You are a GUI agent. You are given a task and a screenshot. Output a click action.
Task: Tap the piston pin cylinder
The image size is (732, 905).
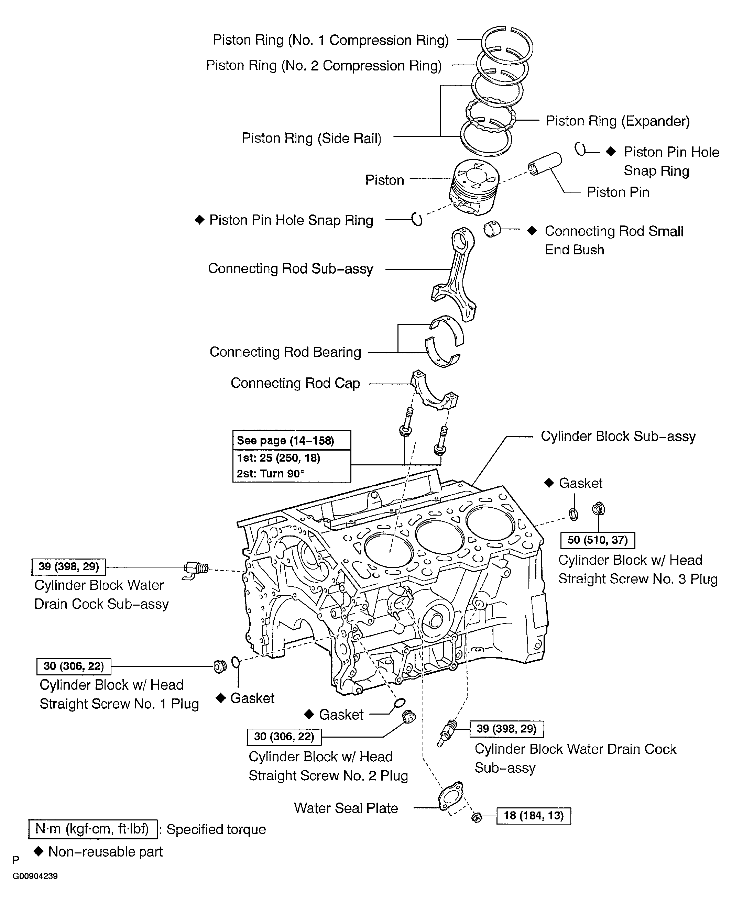(545, 164)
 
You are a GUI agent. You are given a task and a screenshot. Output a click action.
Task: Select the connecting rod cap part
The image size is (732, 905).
(434, 389)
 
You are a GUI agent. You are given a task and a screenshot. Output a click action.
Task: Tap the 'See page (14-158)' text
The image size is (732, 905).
(285, 441)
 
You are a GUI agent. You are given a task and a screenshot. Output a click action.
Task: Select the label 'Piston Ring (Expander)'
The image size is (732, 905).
(618, 121)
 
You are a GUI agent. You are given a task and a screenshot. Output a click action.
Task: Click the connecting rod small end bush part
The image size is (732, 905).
(492, 229)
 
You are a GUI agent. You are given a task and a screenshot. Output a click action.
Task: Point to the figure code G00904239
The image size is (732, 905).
(35, 876)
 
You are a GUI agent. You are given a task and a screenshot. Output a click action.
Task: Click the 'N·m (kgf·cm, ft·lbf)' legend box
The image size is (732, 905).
(93, 829)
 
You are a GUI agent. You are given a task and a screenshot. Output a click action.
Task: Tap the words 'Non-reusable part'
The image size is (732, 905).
(106, 851)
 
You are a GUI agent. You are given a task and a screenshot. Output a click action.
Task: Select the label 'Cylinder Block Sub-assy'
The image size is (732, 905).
(618, 436)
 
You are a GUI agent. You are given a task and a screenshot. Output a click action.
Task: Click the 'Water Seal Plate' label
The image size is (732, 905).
(346, 808)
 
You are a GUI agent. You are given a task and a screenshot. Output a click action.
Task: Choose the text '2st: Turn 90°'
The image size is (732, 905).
(271, 473)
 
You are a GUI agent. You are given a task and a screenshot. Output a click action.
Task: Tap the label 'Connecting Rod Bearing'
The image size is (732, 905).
(285, 352)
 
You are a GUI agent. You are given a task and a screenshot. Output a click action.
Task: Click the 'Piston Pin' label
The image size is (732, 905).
(618, 192)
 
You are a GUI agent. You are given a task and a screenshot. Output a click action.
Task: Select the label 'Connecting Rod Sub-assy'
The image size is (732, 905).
(291, 268)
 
